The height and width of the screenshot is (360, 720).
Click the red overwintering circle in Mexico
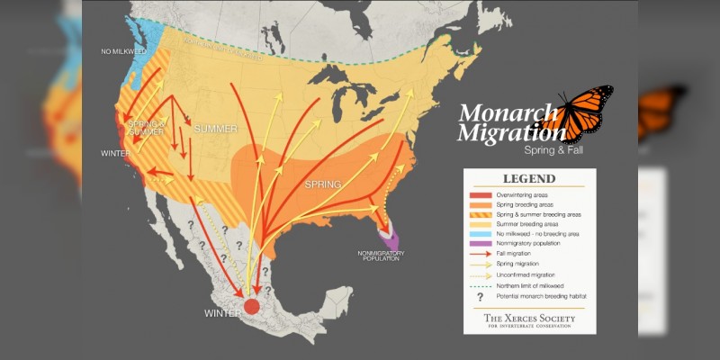(x=252, y=305)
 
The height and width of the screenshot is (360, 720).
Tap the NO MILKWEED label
(x=124, y=51)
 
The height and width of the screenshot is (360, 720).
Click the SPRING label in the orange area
(x=322, y=184)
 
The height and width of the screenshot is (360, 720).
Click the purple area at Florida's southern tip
(x=391, y=238)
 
